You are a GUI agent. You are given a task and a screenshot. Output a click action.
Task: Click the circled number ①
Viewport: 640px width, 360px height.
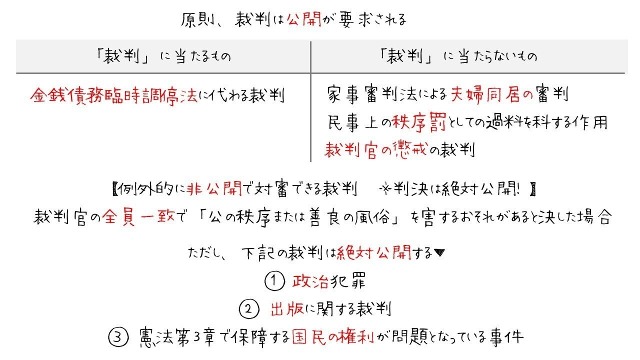(274, 281)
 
